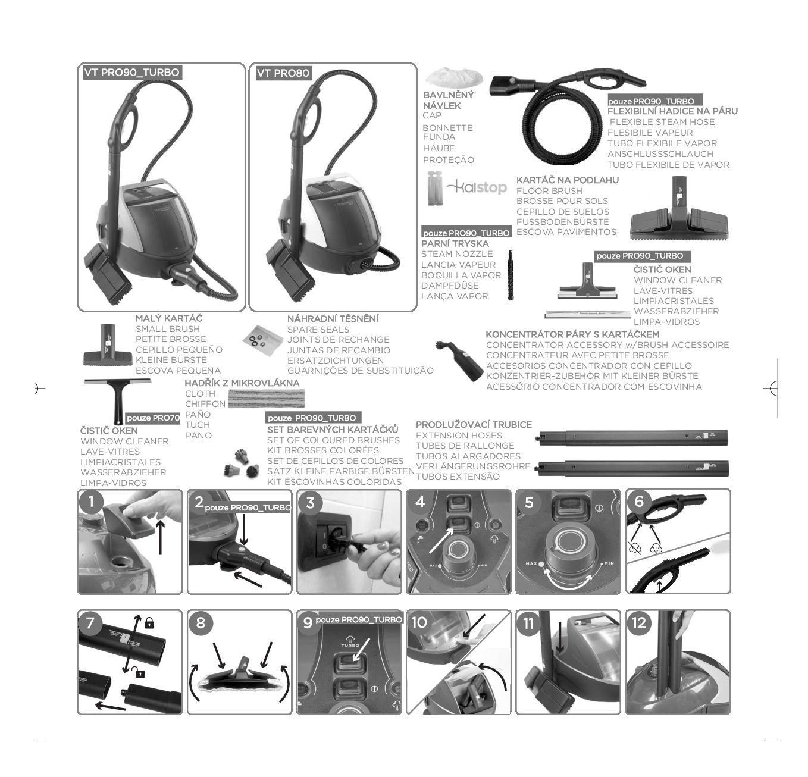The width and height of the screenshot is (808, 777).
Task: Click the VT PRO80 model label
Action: click(284, 73)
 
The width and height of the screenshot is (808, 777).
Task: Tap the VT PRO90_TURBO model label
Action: click(132, 72)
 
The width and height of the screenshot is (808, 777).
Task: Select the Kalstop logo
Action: click(476, 187)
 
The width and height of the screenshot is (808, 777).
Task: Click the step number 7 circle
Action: click(91, 623)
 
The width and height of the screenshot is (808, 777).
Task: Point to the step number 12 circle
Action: click(638, 623)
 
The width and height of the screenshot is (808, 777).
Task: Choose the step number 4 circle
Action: click(420, 503)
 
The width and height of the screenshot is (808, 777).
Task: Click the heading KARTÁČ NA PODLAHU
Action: click(568, 180)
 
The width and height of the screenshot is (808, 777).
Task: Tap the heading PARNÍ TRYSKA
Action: click(455, 244)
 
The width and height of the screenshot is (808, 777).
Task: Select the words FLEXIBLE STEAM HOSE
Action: click(662, 122)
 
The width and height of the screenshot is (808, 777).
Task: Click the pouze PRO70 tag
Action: click(153, 418)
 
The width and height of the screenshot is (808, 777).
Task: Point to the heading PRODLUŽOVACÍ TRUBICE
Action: click(474, 425)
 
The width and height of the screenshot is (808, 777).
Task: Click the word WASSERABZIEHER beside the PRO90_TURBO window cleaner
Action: click(676, 311)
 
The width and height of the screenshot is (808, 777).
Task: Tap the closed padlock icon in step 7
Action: click(149, 623)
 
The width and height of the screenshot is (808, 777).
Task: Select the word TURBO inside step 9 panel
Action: click(350, 646)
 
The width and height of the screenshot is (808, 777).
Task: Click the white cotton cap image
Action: click(454, 77)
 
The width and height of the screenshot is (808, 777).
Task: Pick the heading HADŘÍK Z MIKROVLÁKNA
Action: click(242, 383)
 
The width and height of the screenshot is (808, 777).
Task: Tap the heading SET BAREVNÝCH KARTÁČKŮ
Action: click(333, 430)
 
